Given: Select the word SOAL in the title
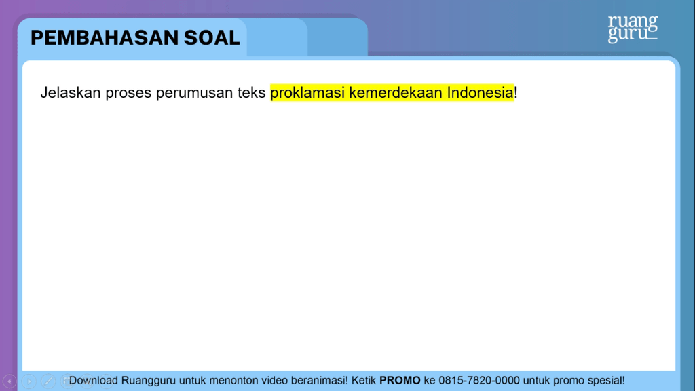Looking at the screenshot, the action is (212, 38).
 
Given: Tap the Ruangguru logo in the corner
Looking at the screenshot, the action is (633, 29).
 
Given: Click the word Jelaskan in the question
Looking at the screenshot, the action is (71, 92).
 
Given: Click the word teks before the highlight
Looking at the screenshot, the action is (251, 92).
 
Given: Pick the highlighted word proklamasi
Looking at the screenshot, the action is (307, 93).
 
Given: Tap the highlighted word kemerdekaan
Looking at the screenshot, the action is (396, 92).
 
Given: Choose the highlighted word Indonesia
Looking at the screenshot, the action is (480, 92).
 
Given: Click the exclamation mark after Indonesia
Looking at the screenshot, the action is (516, 92).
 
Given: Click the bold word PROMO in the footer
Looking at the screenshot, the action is (400, 380).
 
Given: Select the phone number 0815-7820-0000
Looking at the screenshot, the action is (479, 380).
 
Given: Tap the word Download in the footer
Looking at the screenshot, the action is (94, 380).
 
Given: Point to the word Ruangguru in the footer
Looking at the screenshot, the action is (149, 381).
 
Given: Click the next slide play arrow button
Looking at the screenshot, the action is (29, 381).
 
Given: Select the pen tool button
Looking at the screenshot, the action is (48, 381).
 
